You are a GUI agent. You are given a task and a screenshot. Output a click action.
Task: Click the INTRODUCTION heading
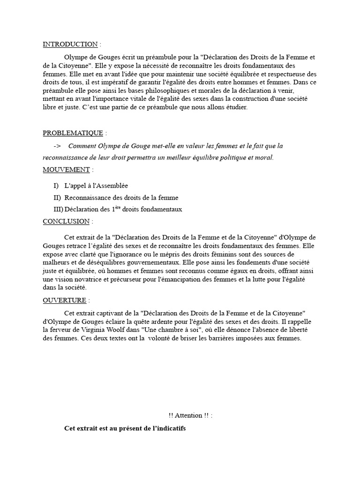(70, 45)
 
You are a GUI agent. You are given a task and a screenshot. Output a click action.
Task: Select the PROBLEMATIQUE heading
(74, 133)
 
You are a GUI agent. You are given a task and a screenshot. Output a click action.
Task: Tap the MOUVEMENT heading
(66, 169)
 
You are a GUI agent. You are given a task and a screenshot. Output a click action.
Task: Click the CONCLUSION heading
(66, 221)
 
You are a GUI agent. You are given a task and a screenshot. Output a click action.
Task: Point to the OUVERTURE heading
(65, 300)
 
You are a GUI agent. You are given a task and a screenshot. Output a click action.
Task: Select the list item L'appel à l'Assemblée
(96, 186)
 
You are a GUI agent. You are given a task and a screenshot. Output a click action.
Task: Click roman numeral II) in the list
(58, 197)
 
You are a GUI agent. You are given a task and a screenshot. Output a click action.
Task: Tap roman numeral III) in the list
(59, 209)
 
